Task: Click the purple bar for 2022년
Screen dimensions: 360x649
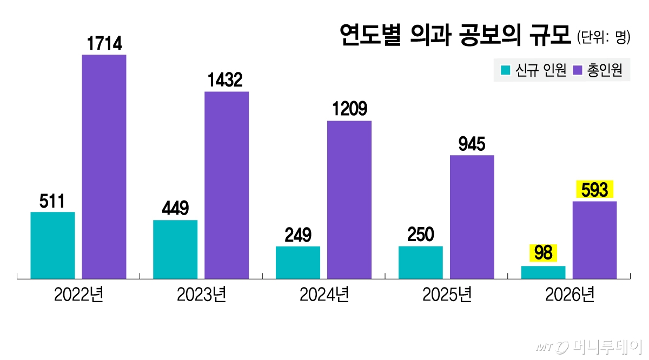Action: click(x=104, y=166)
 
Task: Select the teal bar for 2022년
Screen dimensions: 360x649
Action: click(x=52, y=245)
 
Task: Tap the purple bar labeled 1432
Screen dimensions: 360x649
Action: click(x=227, y=185)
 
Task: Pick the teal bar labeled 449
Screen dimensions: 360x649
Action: click(x=175, y=249)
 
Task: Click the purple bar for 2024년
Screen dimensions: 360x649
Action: click(x=349, y=199)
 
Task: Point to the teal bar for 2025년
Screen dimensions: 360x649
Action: click(x=420, y=262)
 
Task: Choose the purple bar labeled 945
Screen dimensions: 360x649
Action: click(x=472, y=217)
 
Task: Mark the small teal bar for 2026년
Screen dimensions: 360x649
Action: click(x=543, y=272)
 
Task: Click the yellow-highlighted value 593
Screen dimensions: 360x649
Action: click(x=595, y=190)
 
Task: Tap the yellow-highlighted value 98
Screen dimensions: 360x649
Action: click(x=543, y=253)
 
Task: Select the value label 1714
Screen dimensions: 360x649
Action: click(x=104, y=44)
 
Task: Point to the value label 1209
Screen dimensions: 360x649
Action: click(x=349, y=110)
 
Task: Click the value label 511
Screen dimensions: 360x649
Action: click(x=52, y=202)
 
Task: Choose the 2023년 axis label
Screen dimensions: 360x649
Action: click(x=201, y=295)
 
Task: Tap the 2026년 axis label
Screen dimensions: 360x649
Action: click(x=569, y=295)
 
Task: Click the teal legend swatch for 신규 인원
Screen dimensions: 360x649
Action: click(x=506, y=70)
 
